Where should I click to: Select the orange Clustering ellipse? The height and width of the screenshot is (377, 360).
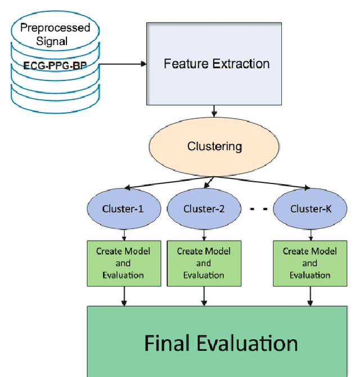click(214, 147)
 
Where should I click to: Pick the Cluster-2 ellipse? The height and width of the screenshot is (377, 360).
click(204, 209)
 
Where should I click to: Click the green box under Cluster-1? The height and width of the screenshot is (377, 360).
click(123, 263)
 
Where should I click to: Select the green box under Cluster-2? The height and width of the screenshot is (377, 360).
click(204, 263)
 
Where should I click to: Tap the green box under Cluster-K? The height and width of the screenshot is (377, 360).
click(309, 263)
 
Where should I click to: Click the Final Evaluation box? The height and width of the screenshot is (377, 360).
click(220, 342)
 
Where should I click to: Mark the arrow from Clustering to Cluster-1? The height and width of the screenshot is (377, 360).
click(163, 183)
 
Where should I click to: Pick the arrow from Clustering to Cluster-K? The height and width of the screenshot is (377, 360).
click(264, 183)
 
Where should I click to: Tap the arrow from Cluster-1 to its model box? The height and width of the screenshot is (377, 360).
click(123, 233)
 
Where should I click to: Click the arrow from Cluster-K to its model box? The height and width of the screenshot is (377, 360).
click(309, 233)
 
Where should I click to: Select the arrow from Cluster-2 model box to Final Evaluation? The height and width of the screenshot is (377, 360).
click(204, 295)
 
